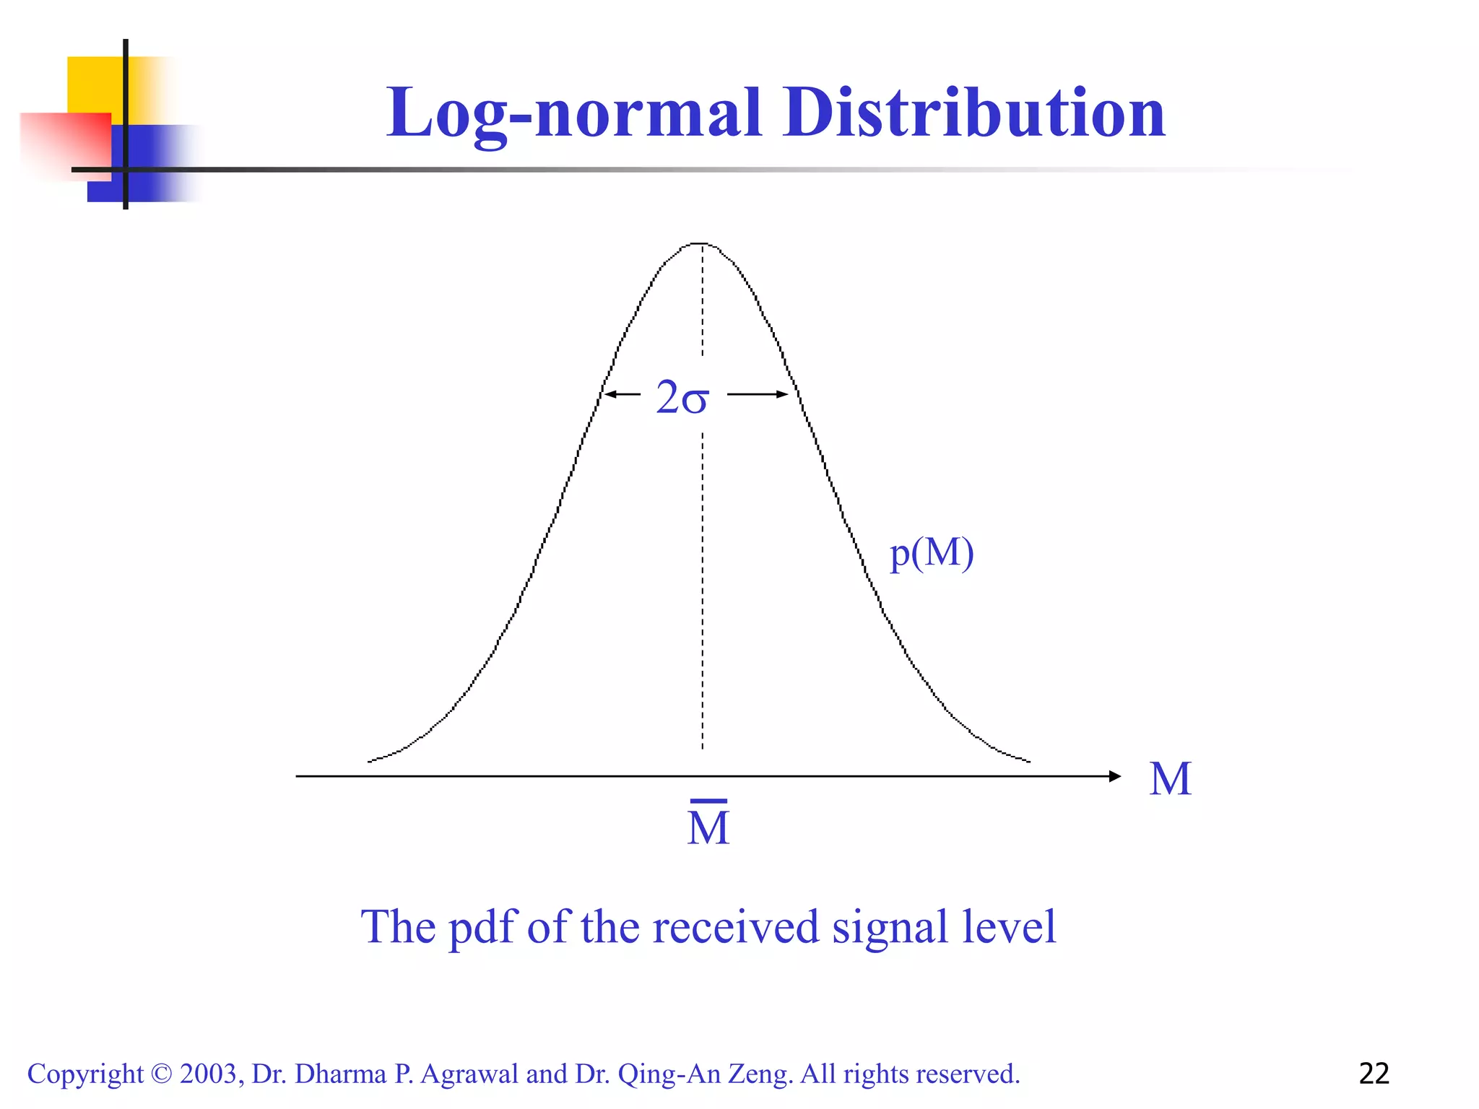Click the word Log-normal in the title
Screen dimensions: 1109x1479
(574, 113)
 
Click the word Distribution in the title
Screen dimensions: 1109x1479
(974, 113)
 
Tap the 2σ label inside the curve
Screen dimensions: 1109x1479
(682, 397)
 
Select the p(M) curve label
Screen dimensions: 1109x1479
(932, 554)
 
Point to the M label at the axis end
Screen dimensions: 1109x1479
(1170, 779)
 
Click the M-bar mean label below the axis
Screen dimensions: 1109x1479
(708, 825)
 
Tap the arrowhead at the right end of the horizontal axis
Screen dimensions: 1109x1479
(1114, 776)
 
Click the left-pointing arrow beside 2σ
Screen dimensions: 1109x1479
(622, 394)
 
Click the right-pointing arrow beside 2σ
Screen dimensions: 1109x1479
(758, 394)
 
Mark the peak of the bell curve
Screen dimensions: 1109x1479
(702, 244)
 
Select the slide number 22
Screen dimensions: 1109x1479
(1374, 1074)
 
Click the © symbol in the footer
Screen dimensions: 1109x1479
(162, 1074)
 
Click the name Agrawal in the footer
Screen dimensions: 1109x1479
(469, 1074)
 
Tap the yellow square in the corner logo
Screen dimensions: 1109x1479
(94, 84)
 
